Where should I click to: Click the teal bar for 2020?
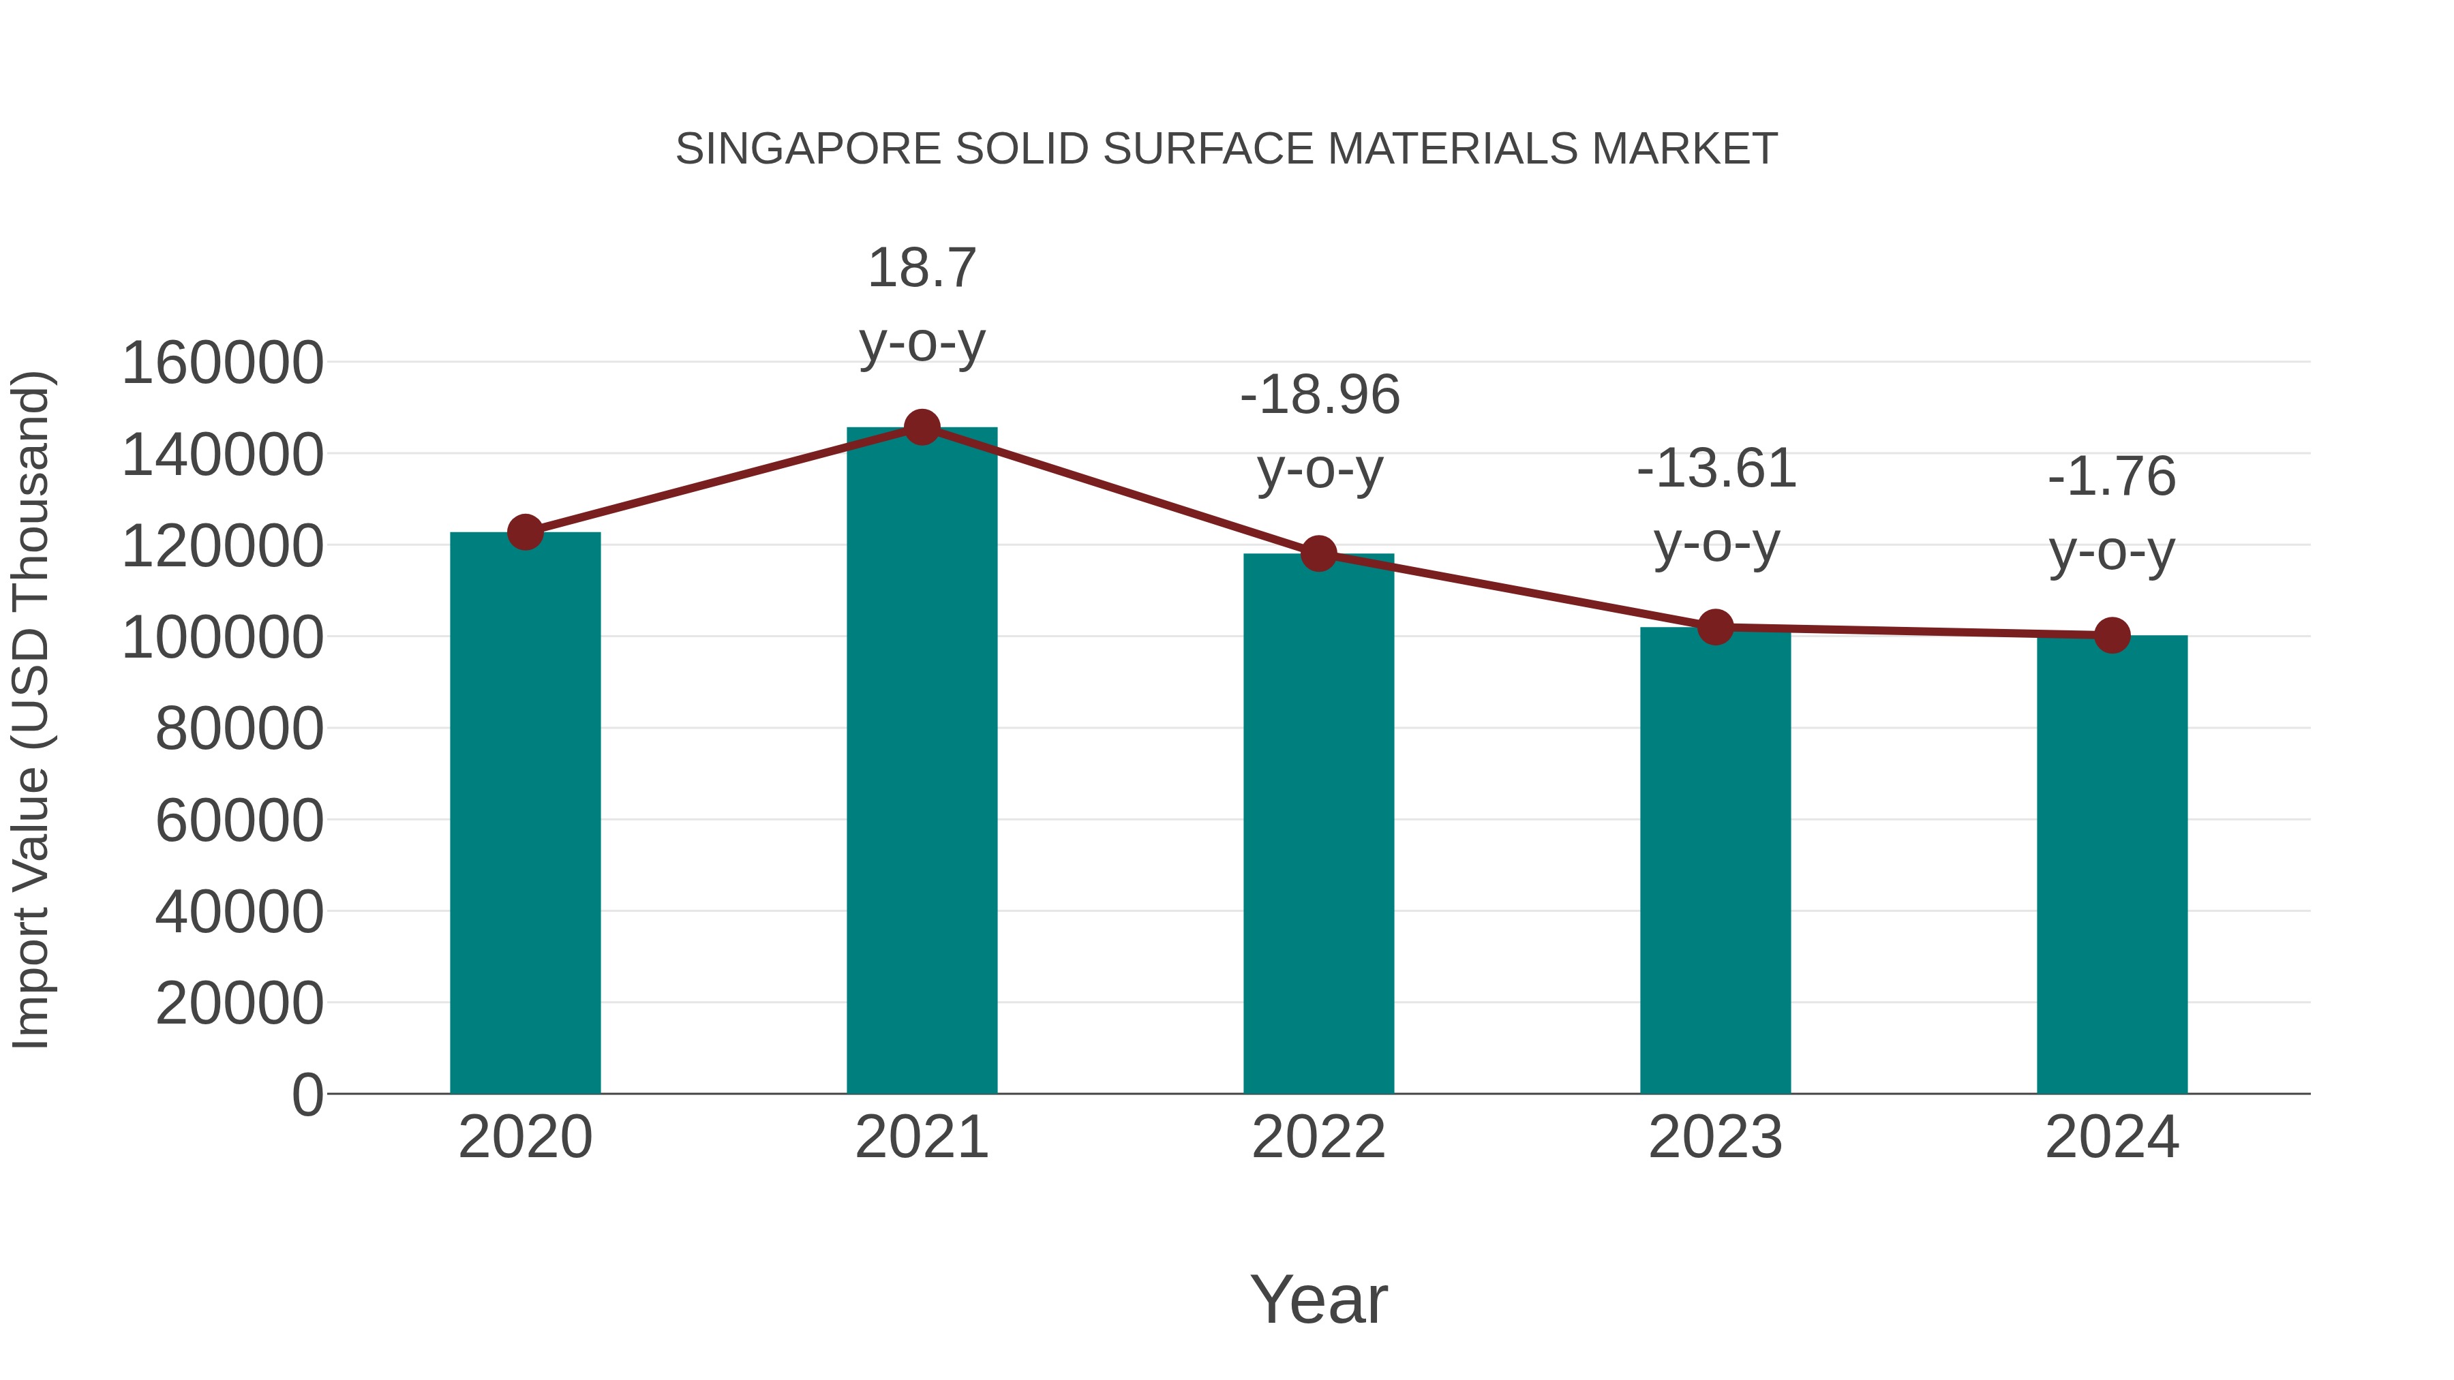click(525, 814)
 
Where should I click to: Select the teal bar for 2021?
click(921, 762)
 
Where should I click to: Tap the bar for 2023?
click(1715, 862)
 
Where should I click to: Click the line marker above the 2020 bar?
click(525, 532)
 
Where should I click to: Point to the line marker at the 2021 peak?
click(921, 427)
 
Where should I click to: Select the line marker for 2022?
click(1318, 553)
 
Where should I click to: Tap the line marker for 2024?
click(2111, 635)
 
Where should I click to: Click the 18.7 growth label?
click(921, 269)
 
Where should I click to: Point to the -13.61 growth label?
click(1716, 470)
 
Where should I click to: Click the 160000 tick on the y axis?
click(222, 364)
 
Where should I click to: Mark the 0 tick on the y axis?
click(307, 1095)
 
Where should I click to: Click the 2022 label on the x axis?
click(1318, 1137)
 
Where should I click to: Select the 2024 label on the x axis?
click(2111, 1137)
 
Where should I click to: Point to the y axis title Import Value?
click(31, 709)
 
